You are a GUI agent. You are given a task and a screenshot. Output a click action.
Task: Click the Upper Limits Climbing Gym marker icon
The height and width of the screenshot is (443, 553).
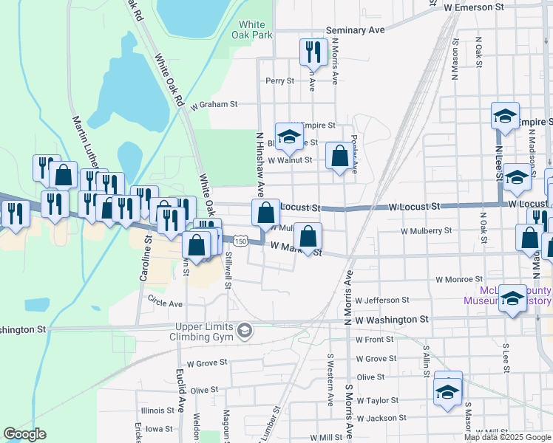pyautogui.click(x=244, y=332)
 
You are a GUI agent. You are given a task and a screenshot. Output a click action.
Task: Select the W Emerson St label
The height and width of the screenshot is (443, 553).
pyautogui.click(x=474, y=6)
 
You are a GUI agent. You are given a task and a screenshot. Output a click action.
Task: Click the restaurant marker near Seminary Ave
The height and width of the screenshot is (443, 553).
pyautogui.click(x=312, y=52)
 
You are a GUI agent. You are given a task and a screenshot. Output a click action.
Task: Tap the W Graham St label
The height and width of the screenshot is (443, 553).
pyautogui.click(x=213, y=105)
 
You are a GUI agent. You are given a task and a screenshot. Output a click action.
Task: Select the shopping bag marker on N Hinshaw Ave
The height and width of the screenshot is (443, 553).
pyautogui.click(x=265, y=213)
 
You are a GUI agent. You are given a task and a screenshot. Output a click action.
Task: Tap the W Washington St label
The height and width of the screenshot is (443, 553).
pyautogui.click(x=392, y=320)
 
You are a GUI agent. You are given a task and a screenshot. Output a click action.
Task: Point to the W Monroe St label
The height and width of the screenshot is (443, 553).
pyautogui.click(x=459, y=280)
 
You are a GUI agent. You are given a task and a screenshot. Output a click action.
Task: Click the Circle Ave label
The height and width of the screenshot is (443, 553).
pyautogui.click(x=165, y=303)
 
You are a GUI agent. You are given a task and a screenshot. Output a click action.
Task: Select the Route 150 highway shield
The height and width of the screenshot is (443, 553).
pyautogui.click(x=240, y=241)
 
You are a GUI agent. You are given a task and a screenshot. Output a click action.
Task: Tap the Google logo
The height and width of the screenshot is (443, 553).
pyautogui.click(x=25, y=434)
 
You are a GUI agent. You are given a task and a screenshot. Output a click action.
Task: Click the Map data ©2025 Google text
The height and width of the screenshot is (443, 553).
pyautogui.click(x=507, y=437)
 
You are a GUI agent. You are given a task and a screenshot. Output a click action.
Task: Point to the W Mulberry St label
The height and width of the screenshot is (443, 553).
pyautogui.click(x=426, y=231)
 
